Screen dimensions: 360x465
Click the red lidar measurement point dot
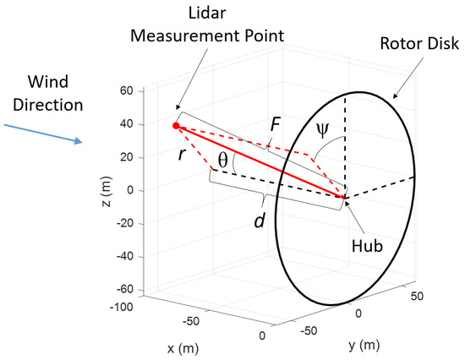[176, 126]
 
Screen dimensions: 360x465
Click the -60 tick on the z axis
[128, 290]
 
